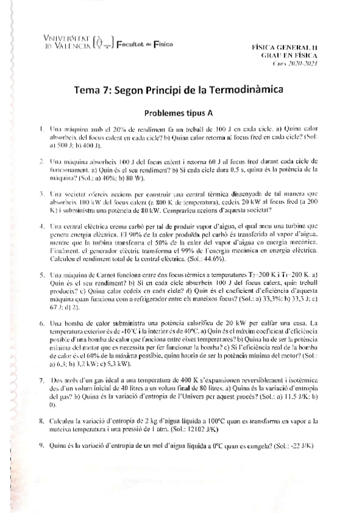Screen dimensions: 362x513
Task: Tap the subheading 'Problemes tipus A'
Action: coord(181,113)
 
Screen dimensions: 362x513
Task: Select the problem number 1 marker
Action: coord(40,129)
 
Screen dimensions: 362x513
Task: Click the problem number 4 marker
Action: coord(40,226)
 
